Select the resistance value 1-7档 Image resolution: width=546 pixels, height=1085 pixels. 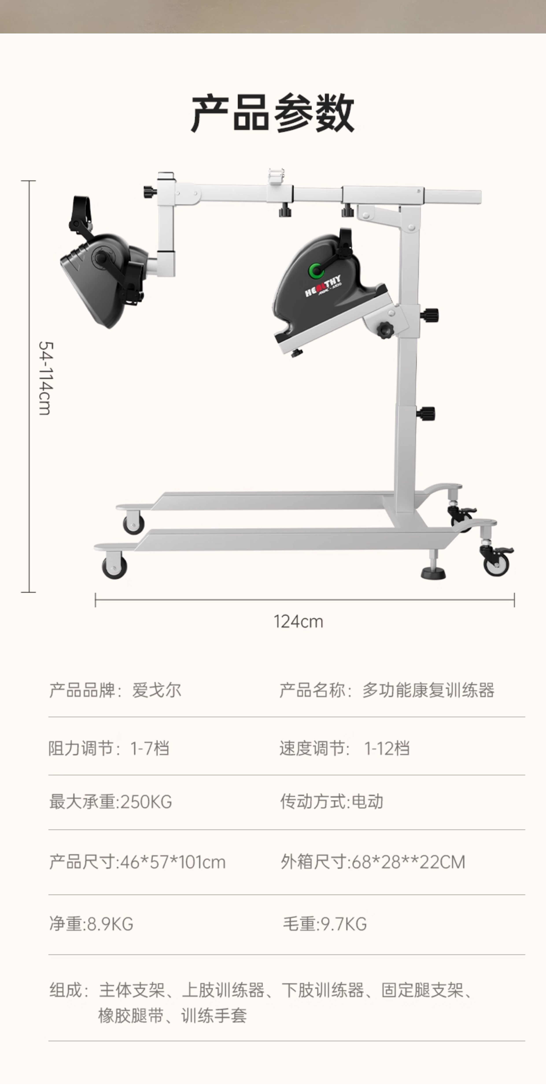click(150, 749)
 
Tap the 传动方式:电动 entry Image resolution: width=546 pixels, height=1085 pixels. click(332, 802)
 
